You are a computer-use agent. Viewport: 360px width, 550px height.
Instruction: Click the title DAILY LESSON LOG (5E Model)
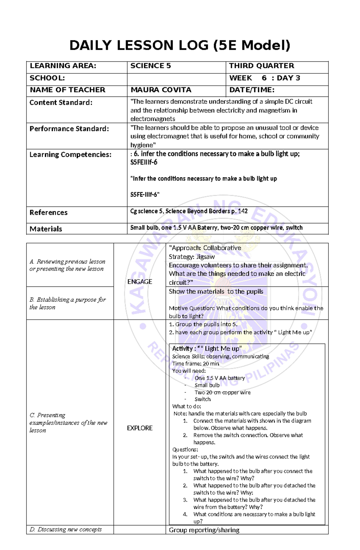point(180,45)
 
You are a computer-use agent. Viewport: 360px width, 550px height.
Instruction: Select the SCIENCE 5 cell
point(151,66)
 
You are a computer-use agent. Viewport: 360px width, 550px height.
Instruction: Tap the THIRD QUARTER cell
point(262,66)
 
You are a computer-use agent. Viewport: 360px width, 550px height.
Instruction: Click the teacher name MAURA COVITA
point(161,90)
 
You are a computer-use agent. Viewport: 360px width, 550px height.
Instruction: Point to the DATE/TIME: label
point(252,90)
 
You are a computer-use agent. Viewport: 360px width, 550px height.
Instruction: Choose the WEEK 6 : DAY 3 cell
point(264,78)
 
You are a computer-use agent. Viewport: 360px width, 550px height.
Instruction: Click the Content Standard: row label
point(61,103)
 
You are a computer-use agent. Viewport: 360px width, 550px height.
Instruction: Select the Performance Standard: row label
point(69,129)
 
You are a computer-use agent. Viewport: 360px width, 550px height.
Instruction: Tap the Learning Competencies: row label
point(70,155)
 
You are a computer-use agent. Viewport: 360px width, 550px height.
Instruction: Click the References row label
point(48,213)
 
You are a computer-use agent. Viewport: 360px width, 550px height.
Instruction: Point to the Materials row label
point(46,229)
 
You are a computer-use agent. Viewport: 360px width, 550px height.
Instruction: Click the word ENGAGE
point(139,282)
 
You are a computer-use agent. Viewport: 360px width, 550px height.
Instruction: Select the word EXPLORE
point(139,428)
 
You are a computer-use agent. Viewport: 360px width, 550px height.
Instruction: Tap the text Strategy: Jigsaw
point(192,257)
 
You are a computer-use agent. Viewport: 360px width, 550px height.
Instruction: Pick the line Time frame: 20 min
point(196,364)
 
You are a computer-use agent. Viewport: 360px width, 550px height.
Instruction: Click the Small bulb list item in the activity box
point(207,385)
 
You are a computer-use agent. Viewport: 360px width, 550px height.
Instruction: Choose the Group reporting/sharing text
point(204,530)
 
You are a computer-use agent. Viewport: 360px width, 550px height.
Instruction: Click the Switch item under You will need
point(202,399)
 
